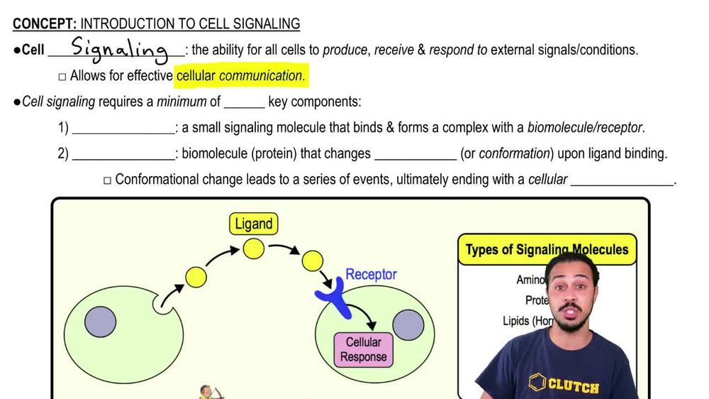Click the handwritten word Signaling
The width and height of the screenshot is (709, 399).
118,50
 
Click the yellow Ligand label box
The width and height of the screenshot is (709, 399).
253,224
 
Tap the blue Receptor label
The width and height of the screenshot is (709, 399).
371,274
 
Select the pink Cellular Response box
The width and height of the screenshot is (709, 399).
363,349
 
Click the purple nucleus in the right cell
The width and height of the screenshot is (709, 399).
408,324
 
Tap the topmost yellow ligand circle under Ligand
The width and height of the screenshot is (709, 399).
253,248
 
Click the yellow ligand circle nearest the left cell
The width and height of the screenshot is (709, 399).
196,277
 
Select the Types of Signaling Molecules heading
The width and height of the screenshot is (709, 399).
547,250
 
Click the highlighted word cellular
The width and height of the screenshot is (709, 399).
196,75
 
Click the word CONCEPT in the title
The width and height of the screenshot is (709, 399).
41,24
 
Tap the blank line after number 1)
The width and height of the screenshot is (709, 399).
123,129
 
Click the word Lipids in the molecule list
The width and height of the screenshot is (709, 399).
515,320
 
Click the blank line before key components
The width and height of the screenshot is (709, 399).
244,102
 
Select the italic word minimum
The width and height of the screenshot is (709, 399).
182,102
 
